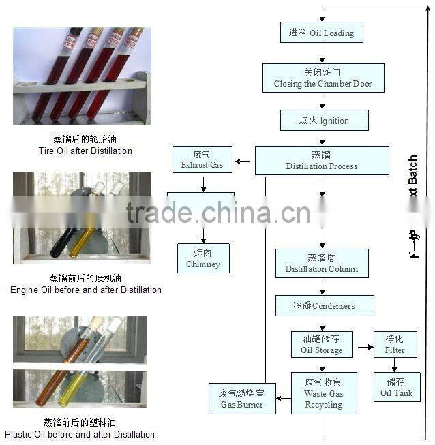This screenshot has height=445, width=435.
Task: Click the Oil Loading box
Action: pos(321,32)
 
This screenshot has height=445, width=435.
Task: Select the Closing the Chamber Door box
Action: pos(322,78)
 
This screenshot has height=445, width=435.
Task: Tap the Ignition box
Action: pos(324,121)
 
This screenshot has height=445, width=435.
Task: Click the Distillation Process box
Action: pos(321,161)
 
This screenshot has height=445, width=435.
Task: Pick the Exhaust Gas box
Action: pos(202,160)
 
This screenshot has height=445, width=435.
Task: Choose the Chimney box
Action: pos(202,258)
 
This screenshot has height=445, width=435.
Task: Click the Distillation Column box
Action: pos(321,264)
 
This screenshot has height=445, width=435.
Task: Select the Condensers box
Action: pos(324,305)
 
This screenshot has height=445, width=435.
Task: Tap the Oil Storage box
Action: pos(321,344)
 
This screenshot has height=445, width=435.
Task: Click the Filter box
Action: pos(395,344)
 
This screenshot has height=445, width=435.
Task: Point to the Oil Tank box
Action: pos(396,387)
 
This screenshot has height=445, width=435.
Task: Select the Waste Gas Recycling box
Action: pos(324,393)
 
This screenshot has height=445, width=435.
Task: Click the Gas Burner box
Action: pos(237,399)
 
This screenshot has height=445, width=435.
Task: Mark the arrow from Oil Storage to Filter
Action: pos(365,347)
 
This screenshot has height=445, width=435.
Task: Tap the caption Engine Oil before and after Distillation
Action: pos(85,284)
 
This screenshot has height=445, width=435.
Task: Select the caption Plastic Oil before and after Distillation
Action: pos(80,429)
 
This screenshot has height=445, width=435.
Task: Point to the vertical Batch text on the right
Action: pos(413,175)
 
